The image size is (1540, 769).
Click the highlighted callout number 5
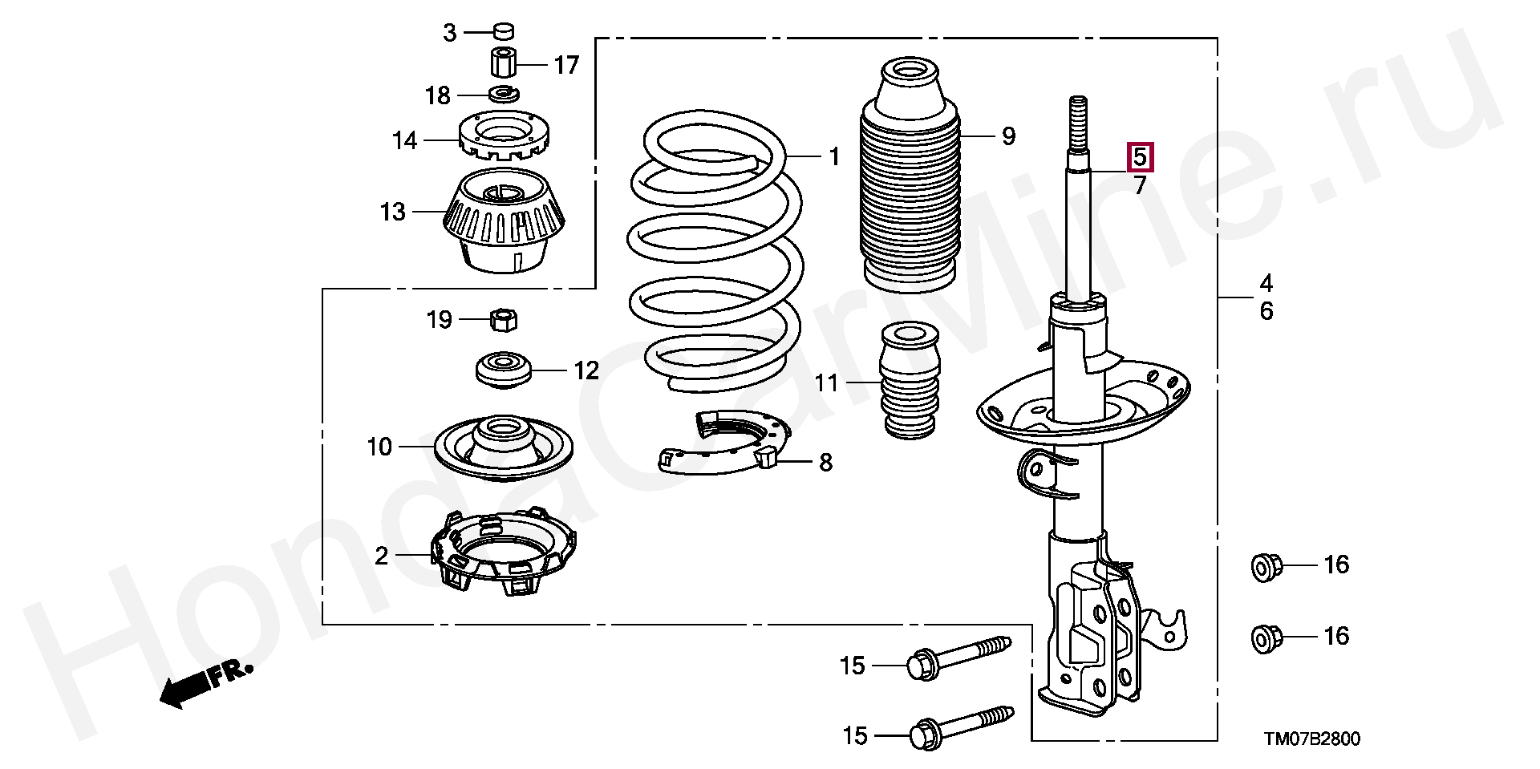click(1140, 157)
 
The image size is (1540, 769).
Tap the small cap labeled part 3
click(503, 32)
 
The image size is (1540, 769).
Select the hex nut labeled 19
click(503, 320)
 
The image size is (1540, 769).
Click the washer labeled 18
click(503, 94)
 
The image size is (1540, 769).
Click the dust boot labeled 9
click(910, 176)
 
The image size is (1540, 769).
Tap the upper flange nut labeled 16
click(1266, 566)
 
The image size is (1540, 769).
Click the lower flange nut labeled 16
click(1266, 638)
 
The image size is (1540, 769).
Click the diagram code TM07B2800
click(1312, 739)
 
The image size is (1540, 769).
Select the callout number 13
click(393, 212)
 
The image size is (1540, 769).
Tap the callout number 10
click(379, 447)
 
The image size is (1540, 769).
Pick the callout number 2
click(382, 556)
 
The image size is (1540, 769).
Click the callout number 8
click(825, 463)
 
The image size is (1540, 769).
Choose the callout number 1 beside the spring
click(834, 156)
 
